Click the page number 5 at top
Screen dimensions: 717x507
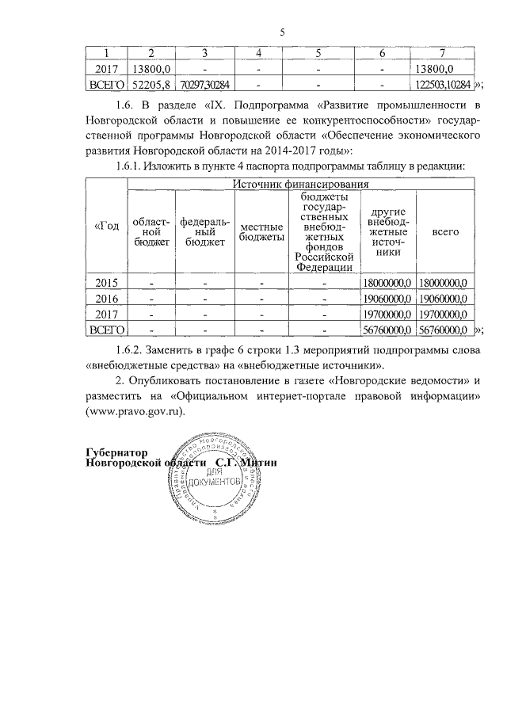click(x=282, y=32)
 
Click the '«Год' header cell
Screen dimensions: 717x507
click(x=106, y=227)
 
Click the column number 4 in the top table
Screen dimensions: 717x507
click(x=259, y=53)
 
